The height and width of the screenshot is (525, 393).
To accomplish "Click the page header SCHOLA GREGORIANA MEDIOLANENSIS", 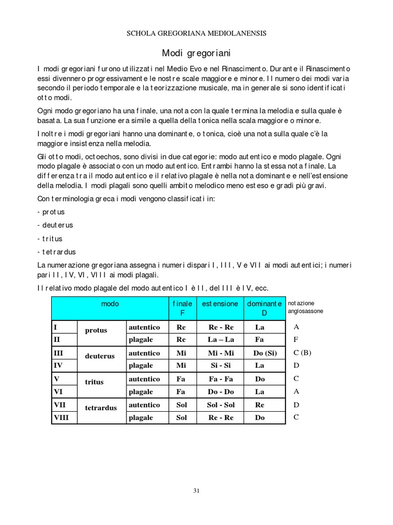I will click(196, 33).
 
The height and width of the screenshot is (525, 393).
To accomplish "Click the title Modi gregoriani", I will click(196, 53).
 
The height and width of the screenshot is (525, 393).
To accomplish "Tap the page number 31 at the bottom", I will click(196, 490).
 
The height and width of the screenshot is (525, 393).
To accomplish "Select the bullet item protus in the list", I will click(52, 212).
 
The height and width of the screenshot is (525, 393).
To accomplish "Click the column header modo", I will click(110, 304).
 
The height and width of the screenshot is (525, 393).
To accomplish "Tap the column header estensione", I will click(220, 304).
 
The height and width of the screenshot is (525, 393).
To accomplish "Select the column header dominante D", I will click(265, 308).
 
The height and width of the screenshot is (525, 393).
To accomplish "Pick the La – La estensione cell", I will click(221, 339).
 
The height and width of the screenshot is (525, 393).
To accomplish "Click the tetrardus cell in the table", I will click(101, 408).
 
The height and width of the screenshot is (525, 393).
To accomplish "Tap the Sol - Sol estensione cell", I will click(221, 405).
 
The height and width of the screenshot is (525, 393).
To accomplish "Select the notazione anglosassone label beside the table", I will click(305, 307).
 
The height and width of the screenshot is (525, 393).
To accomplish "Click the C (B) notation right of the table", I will click(302, 353).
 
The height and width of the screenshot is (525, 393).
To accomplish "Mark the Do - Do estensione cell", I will click(221, 392).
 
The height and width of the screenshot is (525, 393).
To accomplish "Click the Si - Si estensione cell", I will click(221, 366).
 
